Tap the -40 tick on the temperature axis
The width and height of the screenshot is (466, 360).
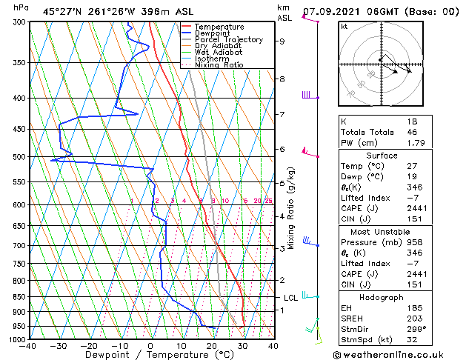[x=28, y=345]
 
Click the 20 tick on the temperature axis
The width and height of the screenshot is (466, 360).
[x=212, y=345]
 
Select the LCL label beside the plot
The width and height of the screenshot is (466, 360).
[x=291, y=298]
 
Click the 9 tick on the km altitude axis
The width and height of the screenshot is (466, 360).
[x=282, y=41]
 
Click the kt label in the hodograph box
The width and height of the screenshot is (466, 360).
[x=344, y=27]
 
